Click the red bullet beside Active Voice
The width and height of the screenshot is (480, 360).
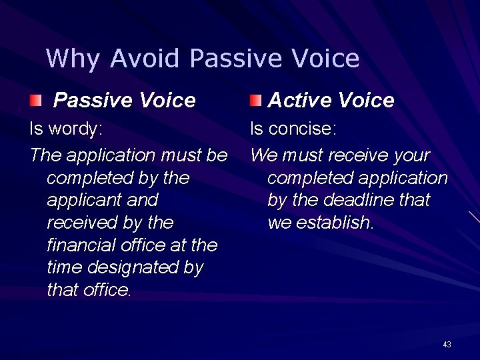(256, 101)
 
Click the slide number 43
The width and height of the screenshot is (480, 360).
(447, 345)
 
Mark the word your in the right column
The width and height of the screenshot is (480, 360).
(411, 155)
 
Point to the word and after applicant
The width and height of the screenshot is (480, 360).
(141, 200)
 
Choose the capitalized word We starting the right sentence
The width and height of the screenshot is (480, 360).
(263, 155)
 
